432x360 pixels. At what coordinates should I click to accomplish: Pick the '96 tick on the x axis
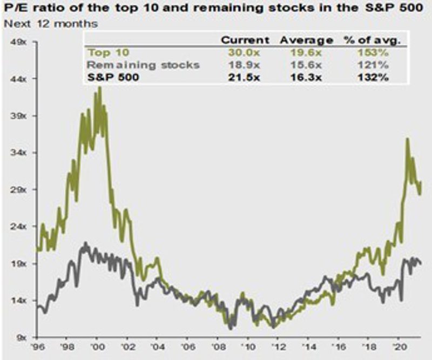coord(38,348)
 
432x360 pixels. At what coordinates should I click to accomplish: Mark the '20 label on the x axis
coord(400,348)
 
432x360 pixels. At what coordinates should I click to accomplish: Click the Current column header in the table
coord(246,40)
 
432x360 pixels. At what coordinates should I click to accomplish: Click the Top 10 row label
coord(107,53)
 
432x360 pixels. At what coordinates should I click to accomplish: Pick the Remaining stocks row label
coord(144,65)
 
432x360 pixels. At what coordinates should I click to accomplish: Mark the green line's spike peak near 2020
coord(407,139)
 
